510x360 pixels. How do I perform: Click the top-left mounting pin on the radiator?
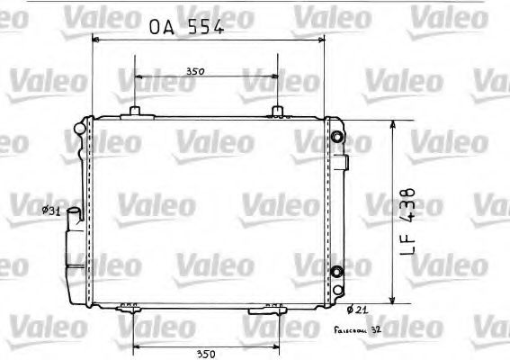pyautogui.click(x=135, y=111)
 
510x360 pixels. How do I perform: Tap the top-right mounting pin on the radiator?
pyautogui.click(x=279, y=111)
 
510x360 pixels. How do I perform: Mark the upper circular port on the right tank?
pyautogui.click(x=336, y=137)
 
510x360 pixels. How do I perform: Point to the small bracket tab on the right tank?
pyautogui.click(x=345, y=163)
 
